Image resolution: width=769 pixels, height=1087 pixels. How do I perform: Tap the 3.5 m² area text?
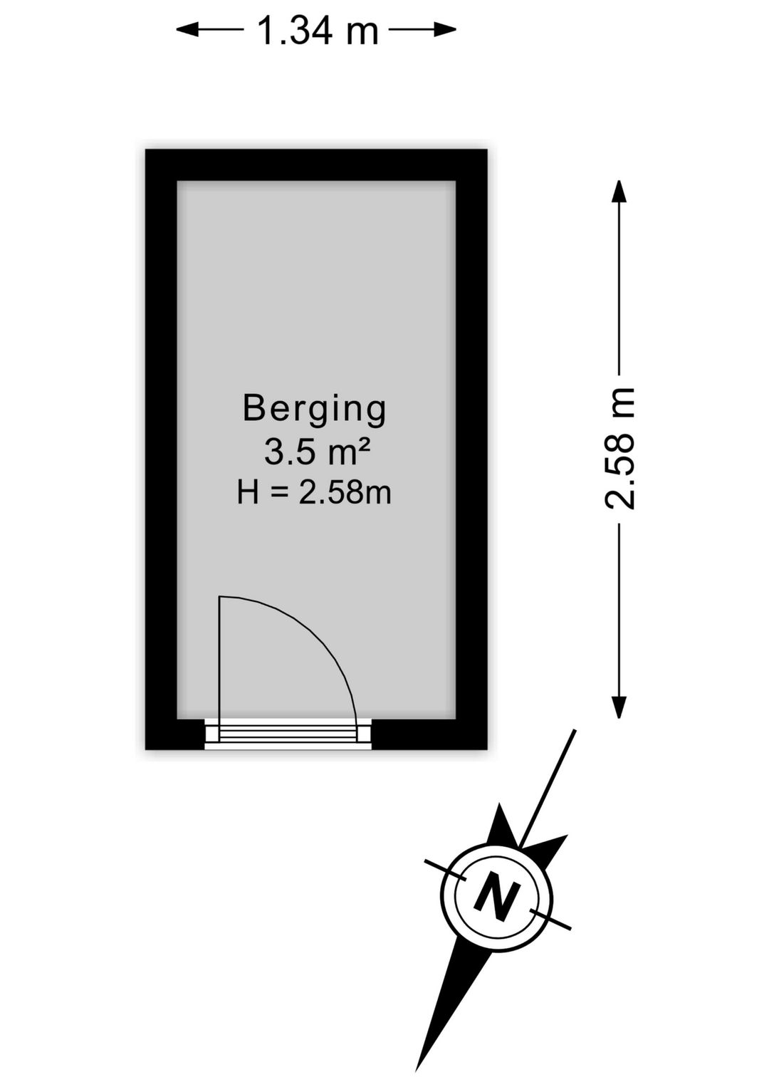point(318,452)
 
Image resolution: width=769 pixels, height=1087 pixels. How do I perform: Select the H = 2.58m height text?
point(314,493)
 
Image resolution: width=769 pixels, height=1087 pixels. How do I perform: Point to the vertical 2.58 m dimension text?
point(619,448)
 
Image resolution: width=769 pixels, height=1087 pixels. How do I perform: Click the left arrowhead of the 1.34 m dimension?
point(187,30)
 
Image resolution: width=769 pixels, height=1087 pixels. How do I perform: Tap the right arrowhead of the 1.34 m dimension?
point(445,30)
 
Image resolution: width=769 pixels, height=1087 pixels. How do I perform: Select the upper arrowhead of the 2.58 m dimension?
point(619,191)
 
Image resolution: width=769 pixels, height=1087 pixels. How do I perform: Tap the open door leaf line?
point(220,669)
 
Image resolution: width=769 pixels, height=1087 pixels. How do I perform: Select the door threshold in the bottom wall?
point(288,734)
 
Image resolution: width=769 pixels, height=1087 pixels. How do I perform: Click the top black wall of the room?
point(316,165)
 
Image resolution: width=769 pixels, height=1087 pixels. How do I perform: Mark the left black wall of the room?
point(161,449)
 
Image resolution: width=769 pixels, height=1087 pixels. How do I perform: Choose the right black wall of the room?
point(471,449)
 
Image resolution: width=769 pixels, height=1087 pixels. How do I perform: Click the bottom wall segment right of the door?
point(429,734)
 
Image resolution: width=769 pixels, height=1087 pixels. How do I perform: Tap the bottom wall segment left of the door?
point(174,734)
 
